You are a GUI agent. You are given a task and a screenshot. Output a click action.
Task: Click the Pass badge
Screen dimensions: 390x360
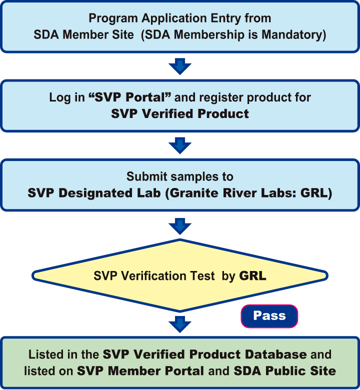pos(269,316)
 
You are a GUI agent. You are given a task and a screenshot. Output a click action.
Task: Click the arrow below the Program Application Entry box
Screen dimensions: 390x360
pos(180,66)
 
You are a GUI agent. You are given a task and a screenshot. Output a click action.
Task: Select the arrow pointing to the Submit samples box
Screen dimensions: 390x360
pos(180,145)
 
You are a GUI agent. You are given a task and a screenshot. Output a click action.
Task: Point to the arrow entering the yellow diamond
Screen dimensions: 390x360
pos(180,225)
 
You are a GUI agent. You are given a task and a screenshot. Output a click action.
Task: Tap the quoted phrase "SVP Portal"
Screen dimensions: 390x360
pos(116,97)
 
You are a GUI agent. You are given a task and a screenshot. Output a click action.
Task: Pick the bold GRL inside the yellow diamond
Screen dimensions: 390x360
pos(252,276)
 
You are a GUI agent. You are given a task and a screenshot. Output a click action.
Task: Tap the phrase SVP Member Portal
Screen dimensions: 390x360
pos(140,371)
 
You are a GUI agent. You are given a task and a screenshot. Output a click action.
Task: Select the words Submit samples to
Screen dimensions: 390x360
pos(180,176)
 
